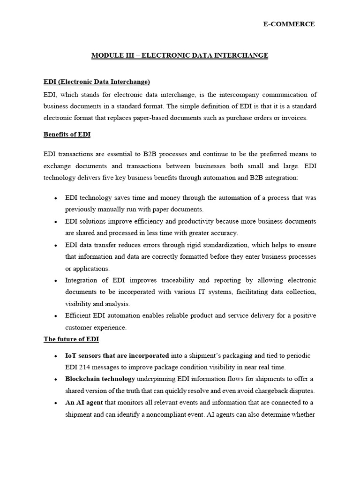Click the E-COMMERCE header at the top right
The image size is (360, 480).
coord(289,24)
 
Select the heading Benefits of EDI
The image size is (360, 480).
coord(67,135)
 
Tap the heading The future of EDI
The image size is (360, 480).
coord(71,339)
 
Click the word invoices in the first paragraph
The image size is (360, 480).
coord(293,118)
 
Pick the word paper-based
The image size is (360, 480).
coord(146,118)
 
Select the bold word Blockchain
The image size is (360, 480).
coord(82,379)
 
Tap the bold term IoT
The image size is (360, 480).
coord(71,355)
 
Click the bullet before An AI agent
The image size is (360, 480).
coord(56,403)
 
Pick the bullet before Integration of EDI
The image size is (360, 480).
coord(56,281)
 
